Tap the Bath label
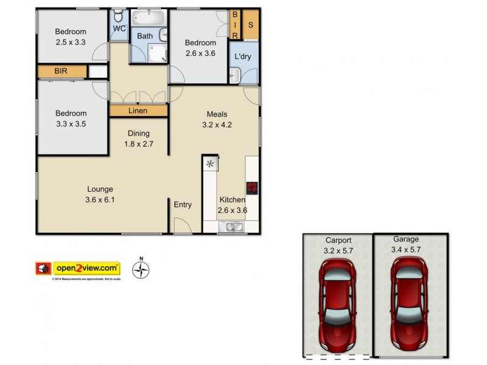145,36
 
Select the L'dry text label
243,57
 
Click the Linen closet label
138,111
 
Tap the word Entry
183,205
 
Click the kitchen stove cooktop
252,188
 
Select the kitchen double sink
232,228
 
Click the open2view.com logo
87,268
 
